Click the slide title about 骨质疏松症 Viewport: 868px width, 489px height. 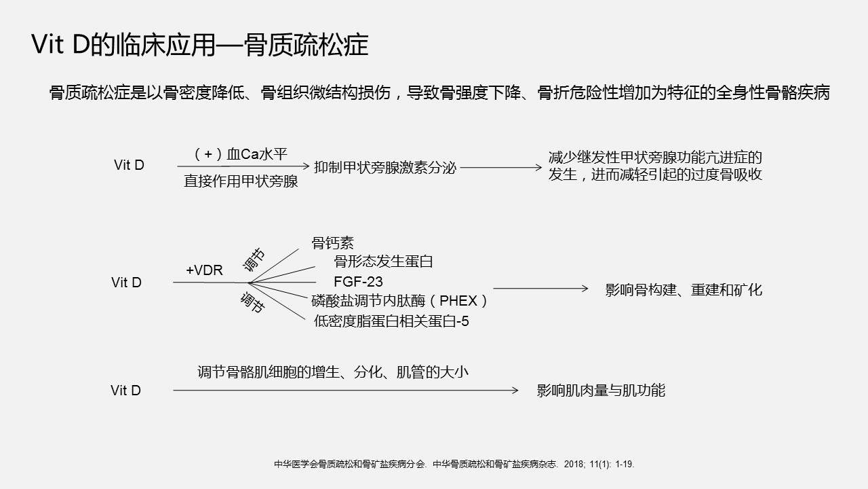tap(199, 45)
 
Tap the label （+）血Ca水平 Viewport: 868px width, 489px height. tap(240, 154)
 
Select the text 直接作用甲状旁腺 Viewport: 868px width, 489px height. tap(241, 181)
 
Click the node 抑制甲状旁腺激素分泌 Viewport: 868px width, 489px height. tap(385, 168)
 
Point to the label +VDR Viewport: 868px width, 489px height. tap(204, 270)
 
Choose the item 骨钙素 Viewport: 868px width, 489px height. tap(333, 243)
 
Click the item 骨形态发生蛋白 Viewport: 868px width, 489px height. tap(383, 261)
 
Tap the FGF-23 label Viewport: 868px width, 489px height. tap(358, 281)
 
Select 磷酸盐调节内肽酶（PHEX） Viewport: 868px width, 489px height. tap(400, 301)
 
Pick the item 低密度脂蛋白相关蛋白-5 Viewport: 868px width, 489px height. tap(391, 321)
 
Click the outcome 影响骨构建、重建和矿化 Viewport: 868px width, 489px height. tap(684, 290)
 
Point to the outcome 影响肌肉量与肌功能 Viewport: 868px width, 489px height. tap(601, 391)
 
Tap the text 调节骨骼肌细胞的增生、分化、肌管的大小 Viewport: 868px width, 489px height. tap(333, 372)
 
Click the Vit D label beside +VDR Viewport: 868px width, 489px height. tap(126, 283)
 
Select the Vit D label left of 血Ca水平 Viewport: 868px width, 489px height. tap(129, 165)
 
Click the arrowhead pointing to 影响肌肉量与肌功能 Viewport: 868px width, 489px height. tap(516, 391)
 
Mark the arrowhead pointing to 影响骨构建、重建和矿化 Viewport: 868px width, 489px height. tap(585, 289)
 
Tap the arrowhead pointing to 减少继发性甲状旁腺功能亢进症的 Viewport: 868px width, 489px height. tap(539, 168)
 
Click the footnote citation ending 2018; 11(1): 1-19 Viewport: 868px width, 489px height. tap(454, 464)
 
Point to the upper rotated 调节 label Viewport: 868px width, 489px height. tap(254, 260)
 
